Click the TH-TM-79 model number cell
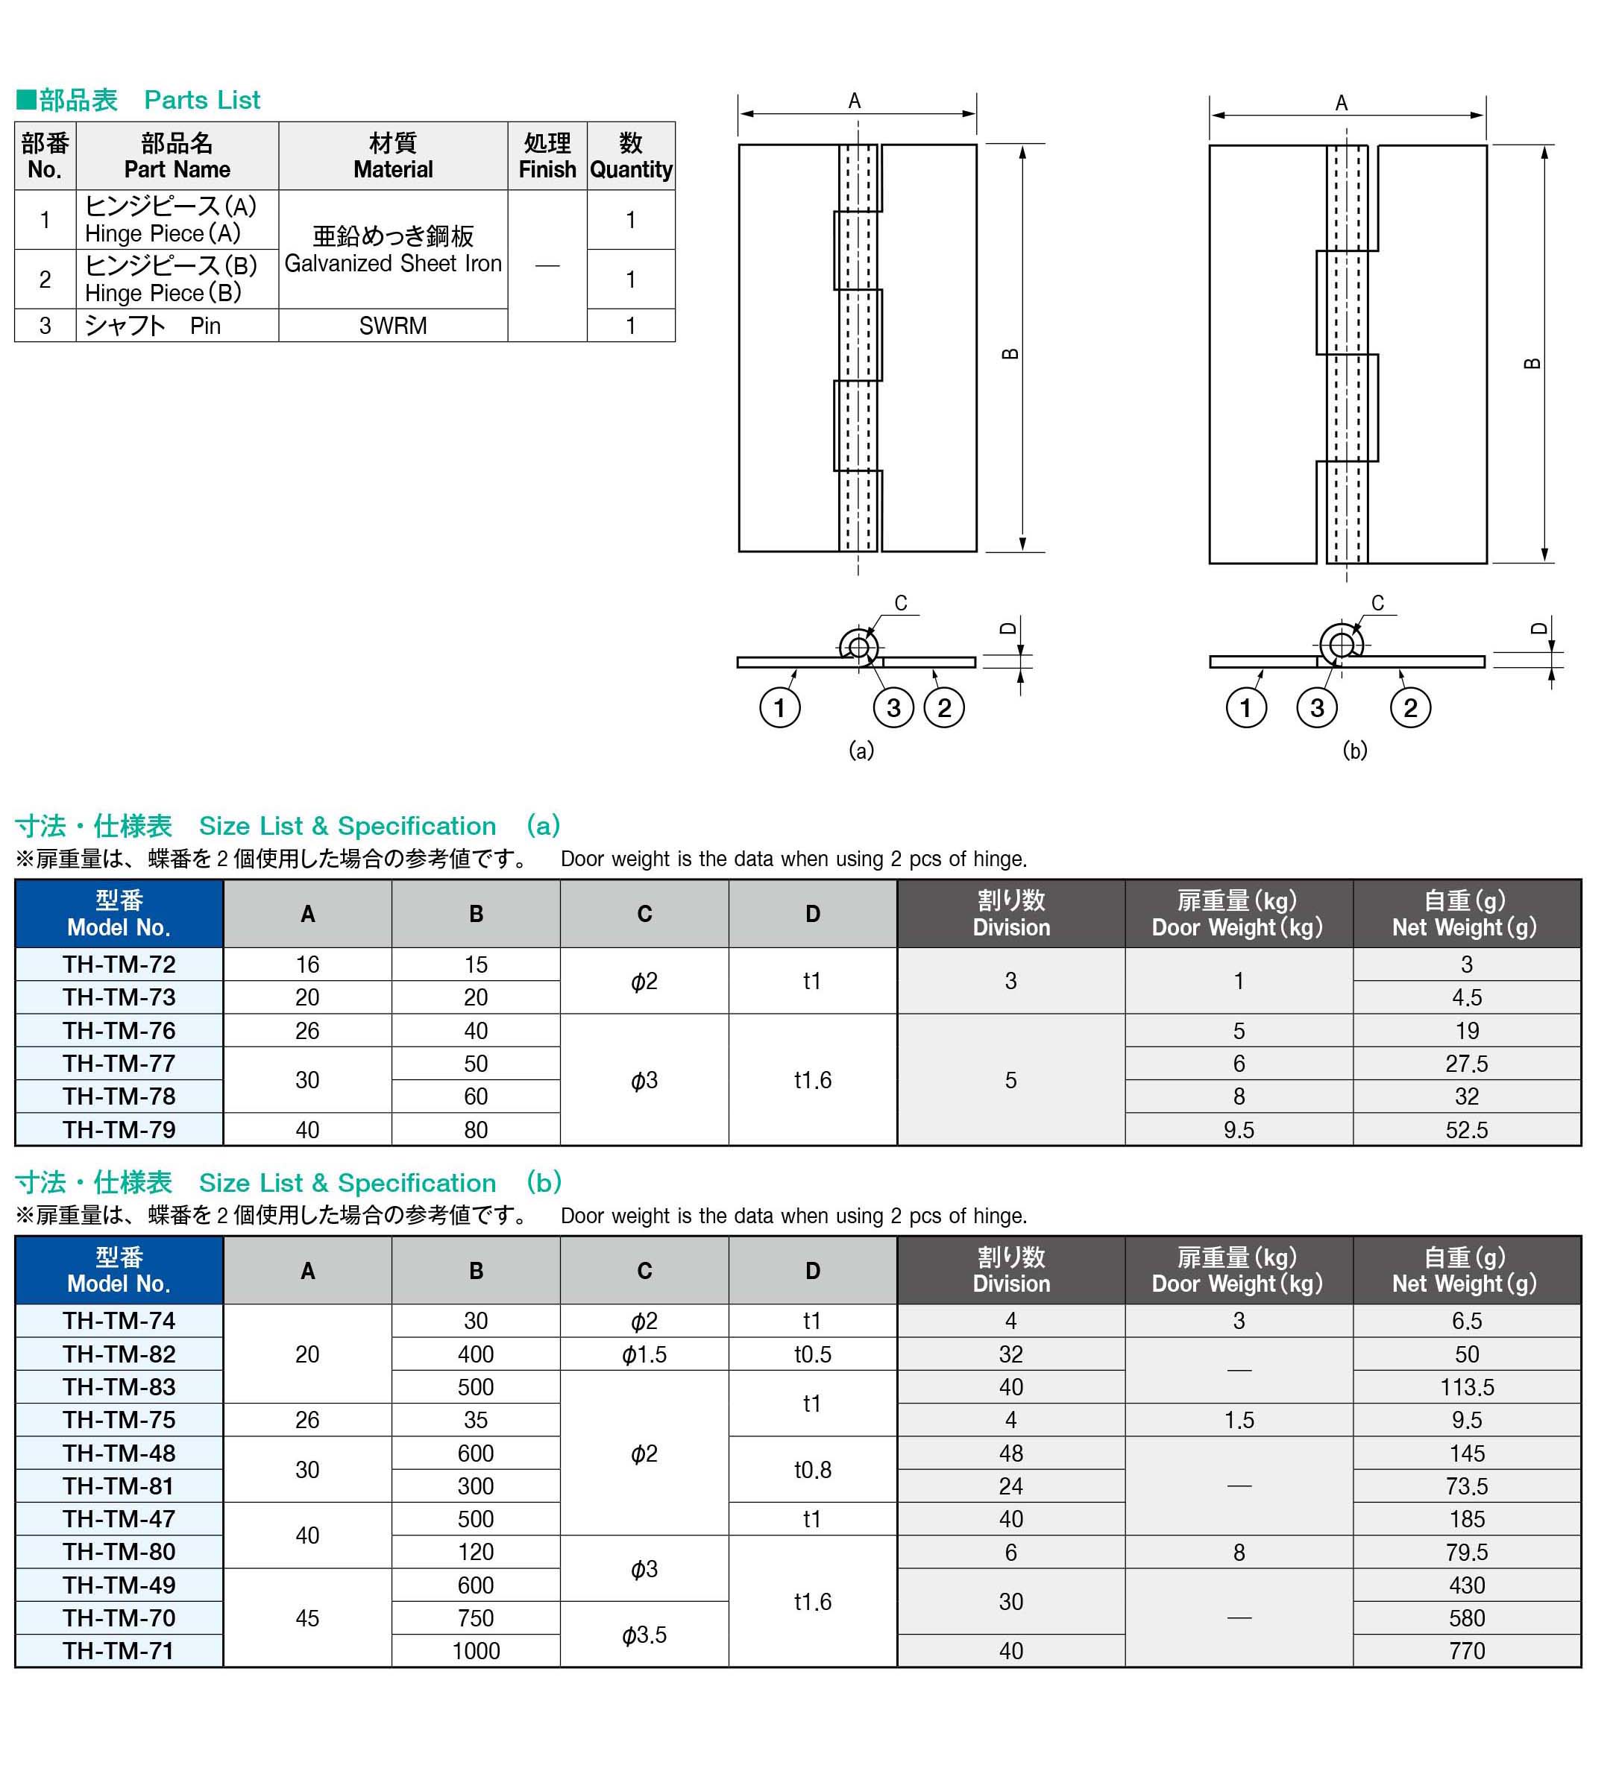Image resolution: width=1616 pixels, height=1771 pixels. (x=119, y=1130)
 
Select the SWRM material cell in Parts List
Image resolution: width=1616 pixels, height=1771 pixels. (x=393, y=326)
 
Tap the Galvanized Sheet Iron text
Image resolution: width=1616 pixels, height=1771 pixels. (x=393, y=264)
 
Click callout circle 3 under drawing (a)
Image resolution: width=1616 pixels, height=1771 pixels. (x=893, y=708)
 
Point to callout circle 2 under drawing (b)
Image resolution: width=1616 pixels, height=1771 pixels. (x=1409, y=708)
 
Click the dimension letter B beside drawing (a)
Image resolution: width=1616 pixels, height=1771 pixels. (x=1010, y=354)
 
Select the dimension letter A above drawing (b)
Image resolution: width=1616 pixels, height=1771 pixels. (x=1341, y=104)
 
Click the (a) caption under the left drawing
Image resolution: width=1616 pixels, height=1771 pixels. (x=861, y=750)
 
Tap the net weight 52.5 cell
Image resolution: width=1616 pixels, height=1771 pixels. (x=1466, y=1130)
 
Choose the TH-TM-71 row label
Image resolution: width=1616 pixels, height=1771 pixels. (x=119, y=1652)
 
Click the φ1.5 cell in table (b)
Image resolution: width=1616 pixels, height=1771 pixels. (x=644, y=1354)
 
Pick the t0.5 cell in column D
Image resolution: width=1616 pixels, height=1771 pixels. (x=812, y=1354)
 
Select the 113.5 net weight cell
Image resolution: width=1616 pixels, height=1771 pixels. (x=1466, y=1388)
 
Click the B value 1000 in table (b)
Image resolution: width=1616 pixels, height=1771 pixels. (x=475, y=1652)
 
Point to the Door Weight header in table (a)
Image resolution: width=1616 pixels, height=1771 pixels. (x=1237, y=915)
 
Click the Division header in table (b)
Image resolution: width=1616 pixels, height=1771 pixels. (x=1010, y=1271)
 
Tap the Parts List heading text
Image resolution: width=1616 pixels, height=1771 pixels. (x=202, y=100)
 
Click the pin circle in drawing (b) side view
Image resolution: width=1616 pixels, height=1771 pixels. (x=1341, y=645)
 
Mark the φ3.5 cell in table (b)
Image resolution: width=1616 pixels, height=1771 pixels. (x=644, y=1635)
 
